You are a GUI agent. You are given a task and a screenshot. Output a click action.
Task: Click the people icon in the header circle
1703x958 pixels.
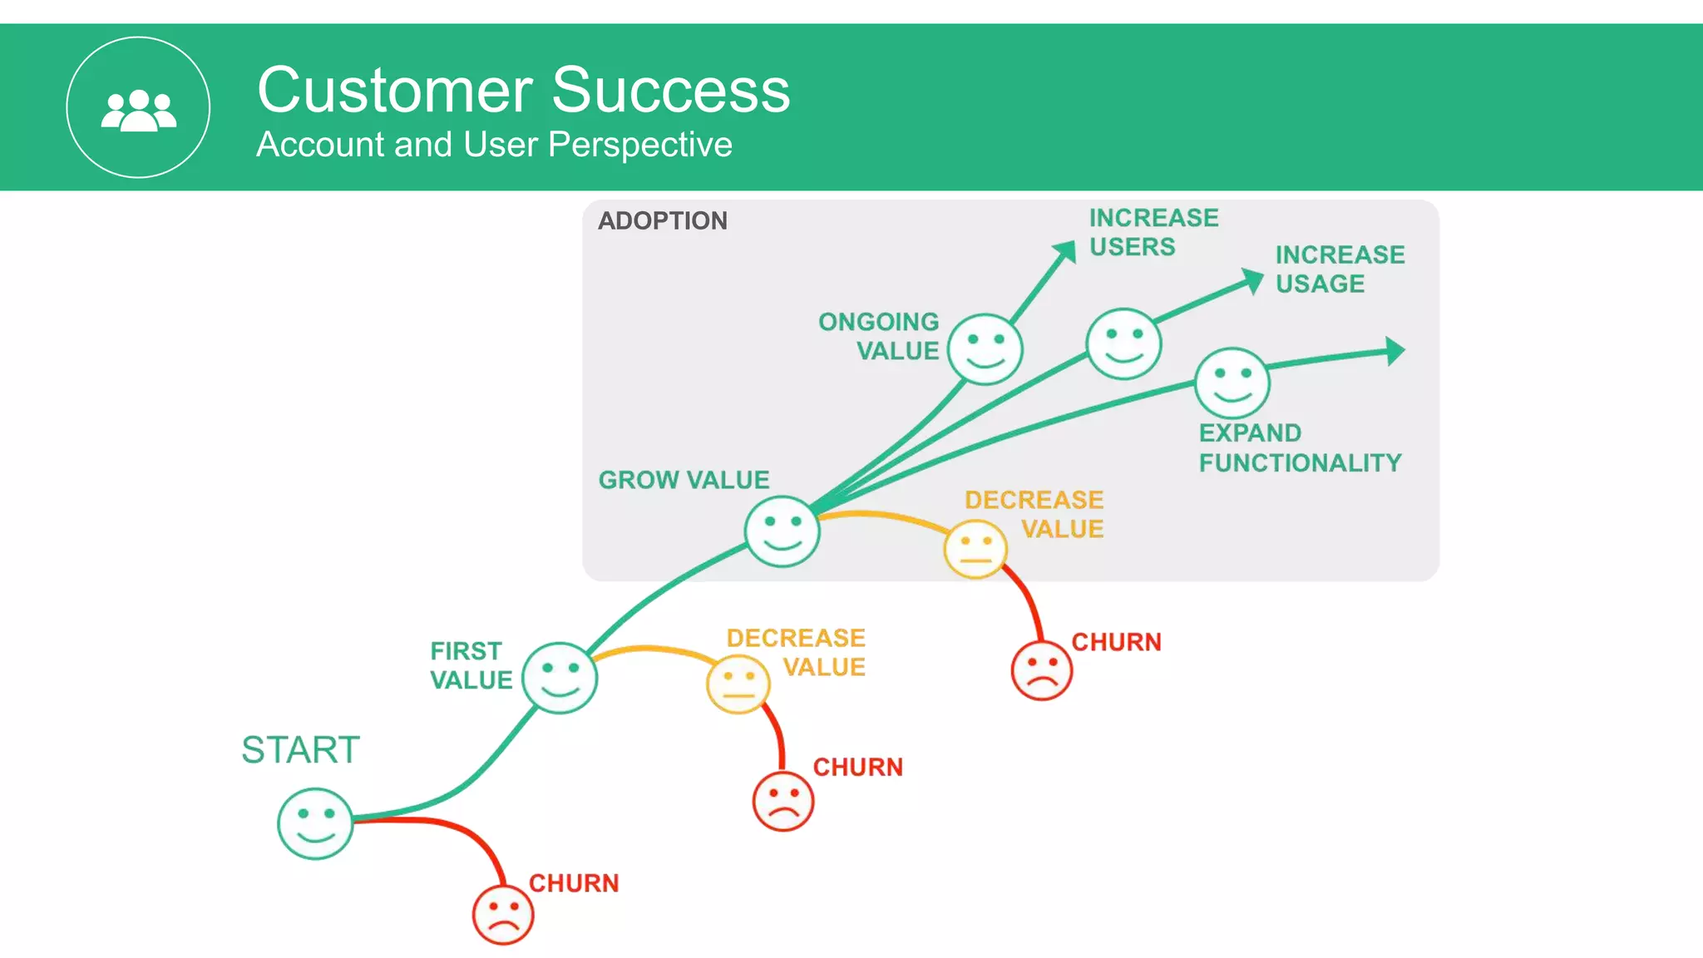(138, 110)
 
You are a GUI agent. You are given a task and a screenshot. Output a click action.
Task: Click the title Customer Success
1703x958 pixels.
(523, 90)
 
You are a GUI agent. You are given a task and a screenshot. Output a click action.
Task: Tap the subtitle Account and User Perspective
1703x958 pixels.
(494, 145)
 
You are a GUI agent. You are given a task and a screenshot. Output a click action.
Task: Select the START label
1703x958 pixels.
(300, 750)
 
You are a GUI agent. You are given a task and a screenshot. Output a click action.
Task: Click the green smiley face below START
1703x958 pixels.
(315, 823)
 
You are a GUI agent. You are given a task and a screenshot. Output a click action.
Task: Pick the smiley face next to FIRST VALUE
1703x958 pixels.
(560, 678)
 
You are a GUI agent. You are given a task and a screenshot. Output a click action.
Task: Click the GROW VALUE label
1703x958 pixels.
(684, 480)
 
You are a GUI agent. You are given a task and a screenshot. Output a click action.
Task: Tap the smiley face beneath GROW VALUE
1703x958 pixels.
(782, 531)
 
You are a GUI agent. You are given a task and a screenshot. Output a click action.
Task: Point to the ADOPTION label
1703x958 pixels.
(663, 220)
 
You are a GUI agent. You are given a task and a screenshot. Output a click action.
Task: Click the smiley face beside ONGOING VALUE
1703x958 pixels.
(985, 349)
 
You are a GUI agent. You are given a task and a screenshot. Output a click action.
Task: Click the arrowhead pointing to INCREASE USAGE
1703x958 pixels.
(1252, 280)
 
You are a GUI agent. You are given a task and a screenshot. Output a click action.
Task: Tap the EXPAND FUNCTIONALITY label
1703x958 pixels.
(1300, 447)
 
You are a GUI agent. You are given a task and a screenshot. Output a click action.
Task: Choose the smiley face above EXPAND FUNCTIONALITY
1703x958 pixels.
(1232, 383)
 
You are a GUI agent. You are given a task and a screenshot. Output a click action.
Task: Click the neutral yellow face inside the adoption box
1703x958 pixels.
(975, 550)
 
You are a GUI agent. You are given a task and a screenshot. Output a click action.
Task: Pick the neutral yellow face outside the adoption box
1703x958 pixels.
(738, 684)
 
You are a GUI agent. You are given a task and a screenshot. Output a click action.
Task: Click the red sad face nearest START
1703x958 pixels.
(502, 915)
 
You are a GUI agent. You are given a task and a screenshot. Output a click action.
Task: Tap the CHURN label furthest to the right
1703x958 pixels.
(1116, 642)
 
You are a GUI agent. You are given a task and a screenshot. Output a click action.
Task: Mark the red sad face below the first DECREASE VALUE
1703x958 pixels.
(782, 802)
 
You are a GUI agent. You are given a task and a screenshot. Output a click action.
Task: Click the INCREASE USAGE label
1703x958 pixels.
(1339, 269)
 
